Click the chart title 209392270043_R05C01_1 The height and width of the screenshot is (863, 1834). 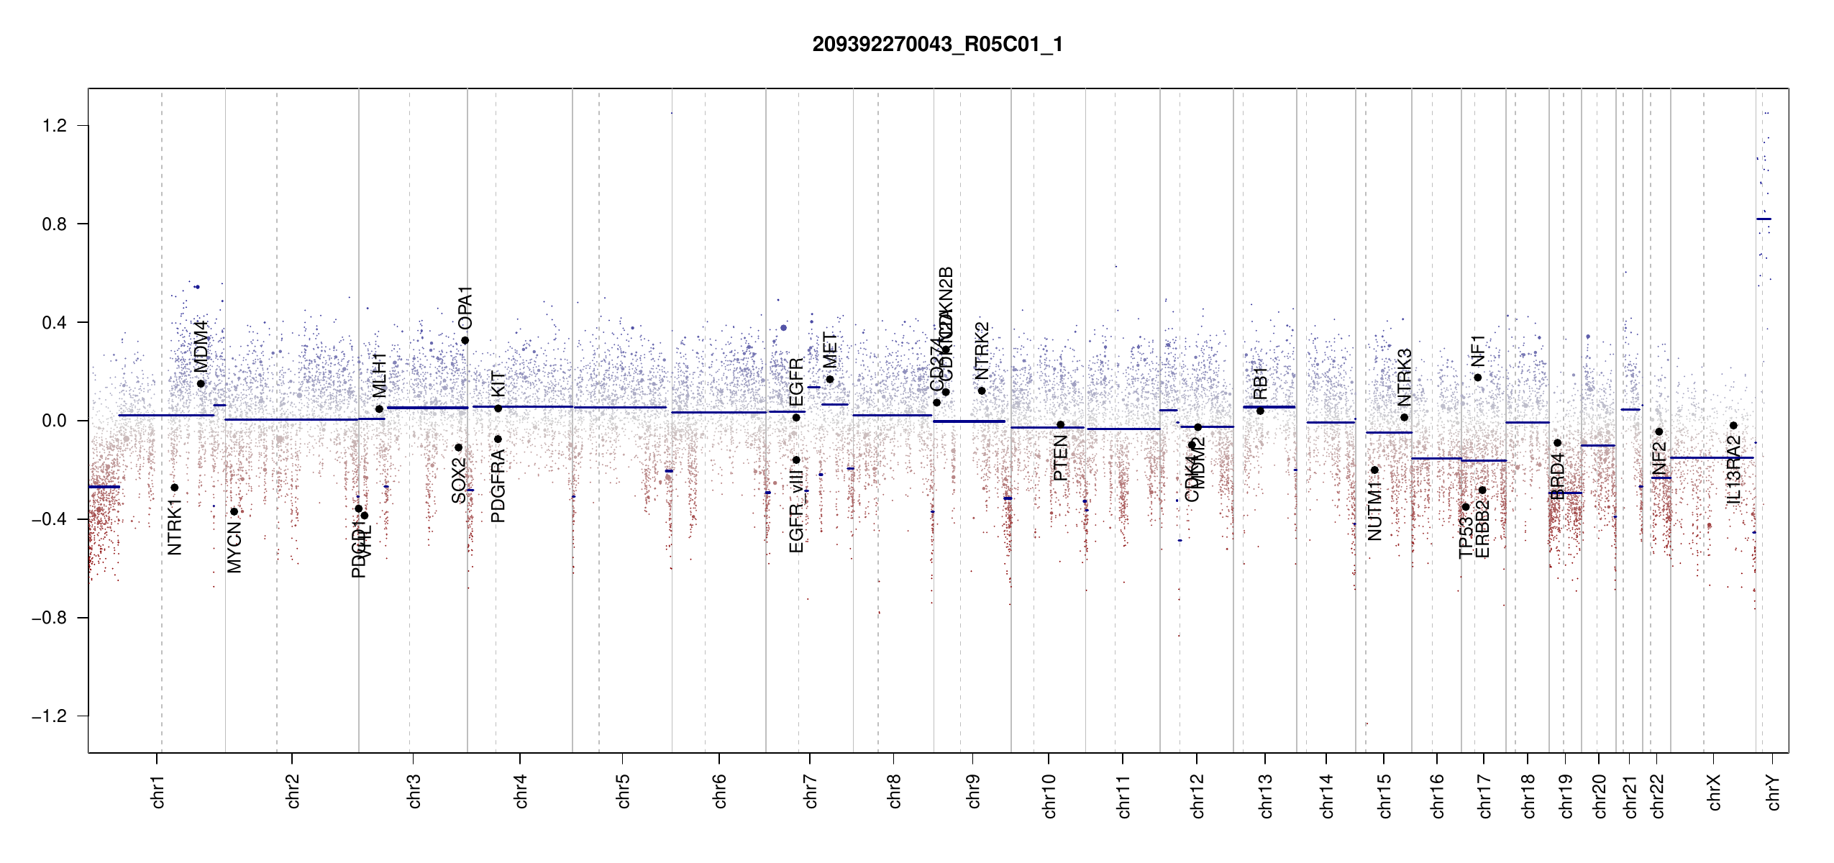(937, 45)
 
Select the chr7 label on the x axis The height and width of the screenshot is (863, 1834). (811, 791)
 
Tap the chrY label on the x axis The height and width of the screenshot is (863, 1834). (1774, 792)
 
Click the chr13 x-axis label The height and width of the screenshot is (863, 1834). (1266, 795)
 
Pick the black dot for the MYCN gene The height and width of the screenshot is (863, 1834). (234, 512)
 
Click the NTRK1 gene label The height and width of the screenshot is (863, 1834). (175, 527)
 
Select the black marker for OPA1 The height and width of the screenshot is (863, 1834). (465, 341)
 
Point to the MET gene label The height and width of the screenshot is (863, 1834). (831, 350)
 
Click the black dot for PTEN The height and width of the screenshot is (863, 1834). (1060, 425)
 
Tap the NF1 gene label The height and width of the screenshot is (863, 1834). (1478, 350)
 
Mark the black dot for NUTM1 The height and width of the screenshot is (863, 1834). (1374, 470)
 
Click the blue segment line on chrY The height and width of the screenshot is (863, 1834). (1764, 219)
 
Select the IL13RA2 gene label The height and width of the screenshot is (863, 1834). (1734, 469)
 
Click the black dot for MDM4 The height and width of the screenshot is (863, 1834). (201, 384)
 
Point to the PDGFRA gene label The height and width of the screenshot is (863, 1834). (498, 485)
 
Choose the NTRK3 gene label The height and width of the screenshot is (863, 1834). (1405, 378)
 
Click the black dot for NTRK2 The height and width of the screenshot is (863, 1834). (982, 391)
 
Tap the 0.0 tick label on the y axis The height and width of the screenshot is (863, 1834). (54, 421)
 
